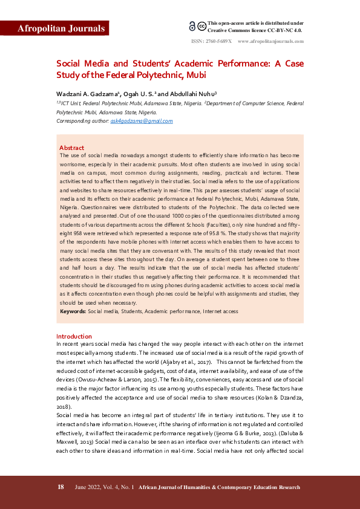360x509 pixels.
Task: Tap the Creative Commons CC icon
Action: click(x=201, y=26)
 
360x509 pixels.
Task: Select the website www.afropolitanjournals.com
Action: click(x=270, y=41)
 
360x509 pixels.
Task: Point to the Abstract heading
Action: click(x=71, y=148)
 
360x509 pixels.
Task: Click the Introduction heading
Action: click(x=74, y=336)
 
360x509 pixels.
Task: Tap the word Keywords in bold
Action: click(x=72, y=311)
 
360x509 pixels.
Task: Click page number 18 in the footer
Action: click(x=61, y=487)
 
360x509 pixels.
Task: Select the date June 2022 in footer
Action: click(x=88, y=487)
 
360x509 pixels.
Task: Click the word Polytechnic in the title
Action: click(x=176, y=75)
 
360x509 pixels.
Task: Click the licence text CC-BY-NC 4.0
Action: click(x=285, y=30)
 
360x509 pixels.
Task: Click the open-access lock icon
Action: click(x=192, y=26)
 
